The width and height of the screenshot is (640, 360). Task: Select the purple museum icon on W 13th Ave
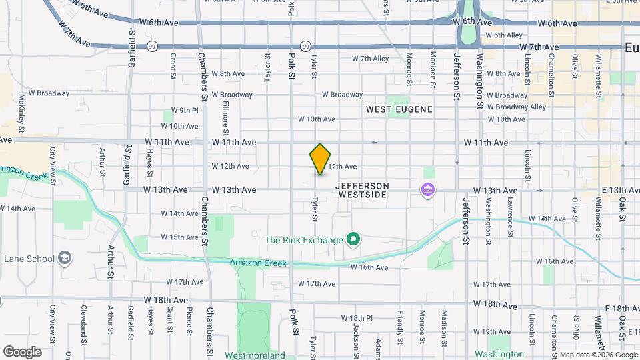point(427,191)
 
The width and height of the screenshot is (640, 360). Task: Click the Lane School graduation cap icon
point(65,259)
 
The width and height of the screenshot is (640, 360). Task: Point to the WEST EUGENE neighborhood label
point(399,109)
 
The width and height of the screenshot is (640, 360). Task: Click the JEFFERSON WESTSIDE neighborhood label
point(362,190)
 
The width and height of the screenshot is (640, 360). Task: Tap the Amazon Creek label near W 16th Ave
point(259,263)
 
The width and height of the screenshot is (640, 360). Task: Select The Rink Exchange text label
point(303,240)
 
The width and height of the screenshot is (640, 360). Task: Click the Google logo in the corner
point(22,352)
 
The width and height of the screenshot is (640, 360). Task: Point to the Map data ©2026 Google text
point(598,355)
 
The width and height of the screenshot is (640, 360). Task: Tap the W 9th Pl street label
point(185,110)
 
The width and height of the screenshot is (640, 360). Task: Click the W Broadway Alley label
point(516,107)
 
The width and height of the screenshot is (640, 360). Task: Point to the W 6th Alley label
point(504,35)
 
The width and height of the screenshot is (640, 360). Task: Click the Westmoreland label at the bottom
point(255,355)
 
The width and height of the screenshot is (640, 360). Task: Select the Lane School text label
point(28,259)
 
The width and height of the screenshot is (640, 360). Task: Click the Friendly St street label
point(400,323)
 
